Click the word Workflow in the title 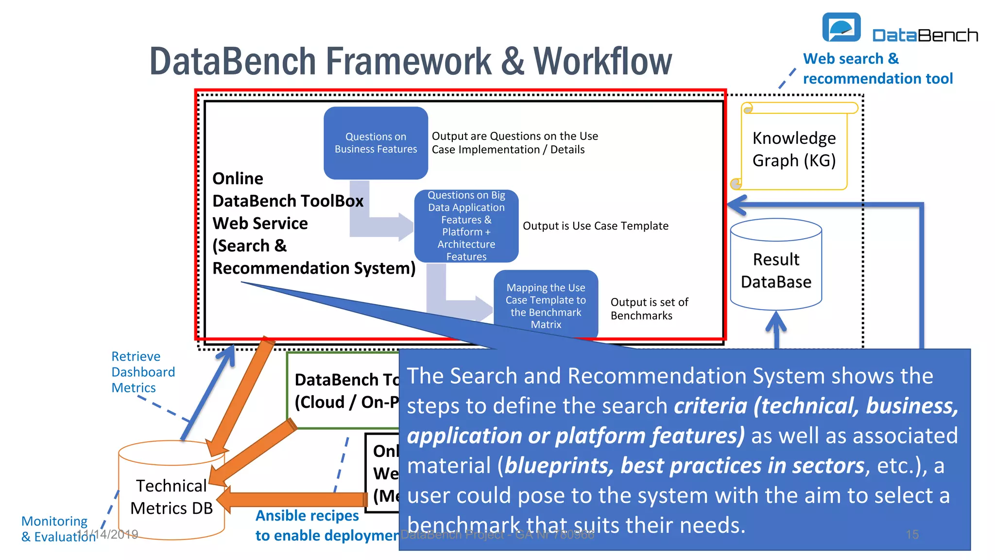tap(602, 62)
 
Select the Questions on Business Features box tap(376, 143)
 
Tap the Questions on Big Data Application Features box tap(466, 226)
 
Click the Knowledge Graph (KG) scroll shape tap(794, 149)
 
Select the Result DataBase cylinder tap(776, 270)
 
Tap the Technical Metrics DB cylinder tap(172, 496)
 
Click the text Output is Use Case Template tap(595, 226)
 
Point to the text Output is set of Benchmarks tap(649, 309)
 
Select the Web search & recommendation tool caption tap(877, 69)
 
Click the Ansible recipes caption tap(307, 516)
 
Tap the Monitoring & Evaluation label tap(54, 528)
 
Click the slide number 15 tap(912, 535)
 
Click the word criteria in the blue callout tap(710, 406)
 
